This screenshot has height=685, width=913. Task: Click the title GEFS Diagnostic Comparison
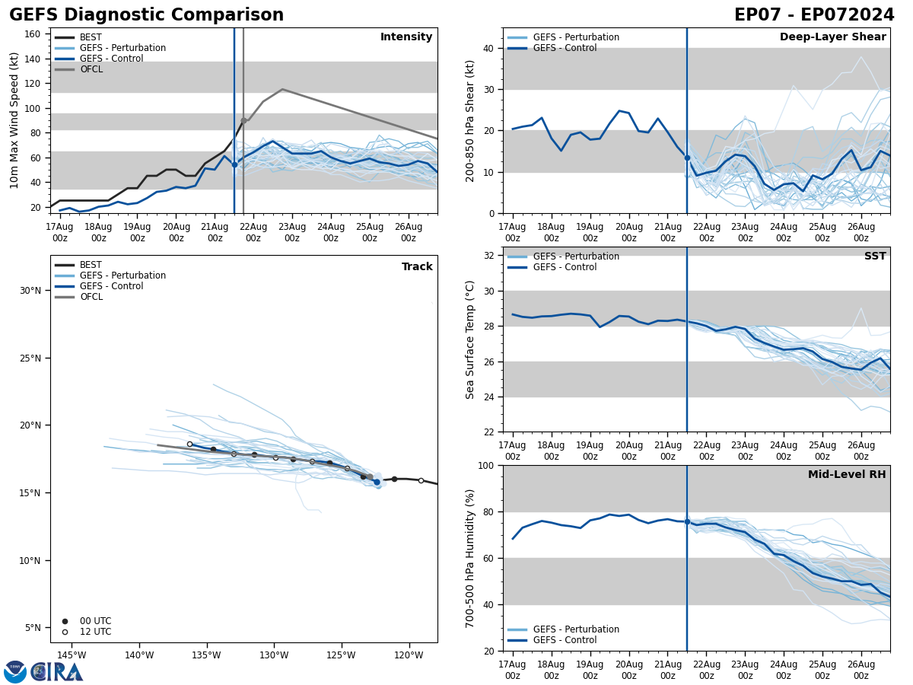click(146, 15)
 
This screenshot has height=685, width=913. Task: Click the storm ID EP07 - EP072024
click(814, 15)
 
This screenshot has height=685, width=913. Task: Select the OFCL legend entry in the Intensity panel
click(91, 69)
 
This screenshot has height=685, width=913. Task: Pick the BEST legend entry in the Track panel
click(91, 265)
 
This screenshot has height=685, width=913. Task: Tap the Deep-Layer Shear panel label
click(832, 37)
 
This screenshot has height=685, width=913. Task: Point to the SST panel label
click(875, 256)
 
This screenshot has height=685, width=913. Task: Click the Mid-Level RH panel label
click(847, 475)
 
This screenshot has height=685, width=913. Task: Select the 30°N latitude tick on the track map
click(30, 291)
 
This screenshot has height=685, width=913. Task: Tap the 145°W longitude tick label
click(71, 655)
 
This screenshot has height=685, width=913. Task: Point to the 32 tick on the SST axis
click(490, 256)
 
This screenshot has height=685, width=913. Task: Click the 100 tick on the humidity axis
click(486, 466)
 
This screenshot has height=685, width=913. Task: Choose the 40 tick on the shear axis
click(488, 49)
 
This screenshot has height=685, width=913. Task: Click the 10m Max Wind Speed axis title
click(14, 120)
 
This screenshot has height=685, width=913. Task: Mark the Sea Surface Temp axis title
click(470, 339)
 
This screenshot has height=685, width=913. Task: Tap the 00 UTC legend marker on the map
click(65, 621)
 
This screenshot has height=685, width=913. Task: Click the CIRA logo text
click(57, 671)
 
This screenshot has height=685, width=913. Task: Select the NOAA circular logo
click(15, 671)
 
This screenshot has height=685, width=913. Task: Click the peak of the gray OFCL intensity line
click(282, 89)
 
